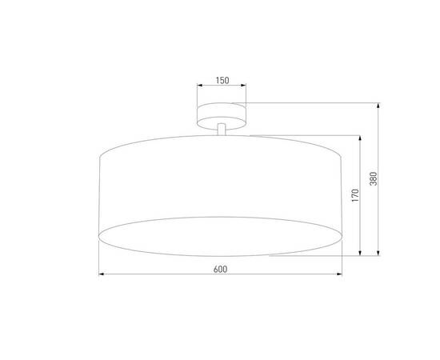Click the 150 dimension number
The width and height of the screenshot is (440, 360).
pos(222,81)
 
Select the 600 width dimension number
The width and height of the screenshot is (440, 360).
pos(220,268)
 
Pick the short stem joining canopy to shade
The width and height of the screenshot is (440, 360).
pos(222,130)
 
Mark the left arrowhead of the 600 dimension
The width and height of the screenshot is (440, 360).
pos(101,274)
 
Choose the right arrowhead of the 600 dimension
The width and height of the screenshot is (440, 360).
pos(341,274)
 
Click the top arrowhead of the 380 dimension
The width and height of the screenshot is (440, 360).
pos(379,106)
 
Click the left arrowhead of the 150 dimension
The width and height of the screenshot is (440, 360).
pos(198,88)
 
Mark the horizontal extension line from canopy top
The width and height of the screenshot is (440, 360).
pos(312,102)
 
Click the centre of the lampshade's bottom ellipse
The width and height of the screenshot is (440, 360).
pos(221,235)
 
